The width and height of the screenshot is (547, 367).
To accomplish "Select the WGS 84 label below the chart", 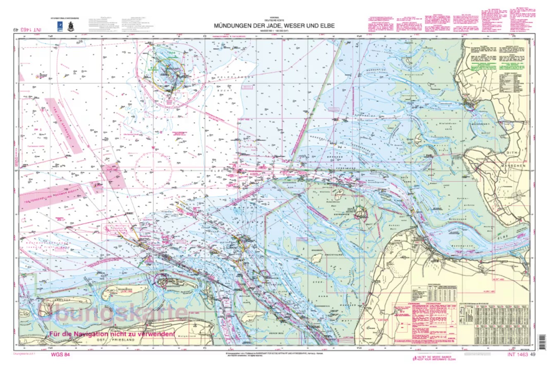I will [58, 355].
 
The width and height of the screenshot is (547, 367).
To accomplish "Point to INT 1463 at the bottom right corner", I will [517, 355].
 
